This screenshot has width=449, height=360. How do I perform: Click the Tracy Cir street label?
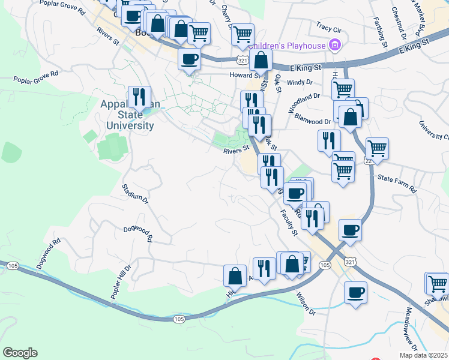point(328,28)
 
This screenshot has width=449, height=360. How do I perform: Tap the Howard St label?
point(244,76)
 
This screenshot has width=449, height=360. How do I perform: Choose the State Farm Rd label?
point(397,182)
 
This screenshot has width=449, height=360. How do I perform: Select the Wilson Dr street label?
point(306,304)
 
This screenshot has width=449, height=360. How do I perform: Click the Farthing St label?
point(381,29)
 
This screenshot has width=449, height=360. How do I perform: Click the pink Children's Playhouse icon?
point(334,45)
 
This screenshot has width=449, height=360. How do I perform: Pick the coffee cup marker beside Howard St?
point(190,59)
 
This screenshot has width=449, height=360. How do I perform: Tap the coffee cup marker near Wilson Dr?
point(356,292)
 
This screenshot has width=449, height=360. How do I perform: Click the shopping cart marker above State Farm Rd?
point(377,148)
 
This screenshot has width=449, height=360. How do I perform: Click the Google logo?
point(20,353)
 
